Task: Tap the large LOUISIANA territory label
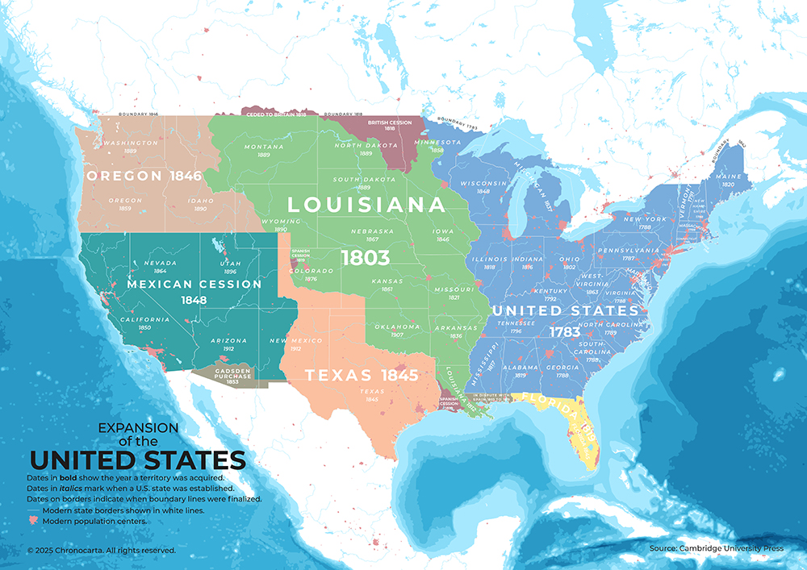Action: pyautogui.click(x=366, y=205)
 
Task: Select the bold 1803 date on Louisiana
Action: pyautogui.click(x=365, y=257)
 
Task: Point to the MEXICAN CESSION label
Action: pyautogui.click(x=194, y=284)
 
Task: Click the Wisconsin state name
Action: pyautogui.click(x=483, y=183)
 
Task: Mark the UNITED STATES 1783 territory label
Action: pyautogui.click(x=565, y=310)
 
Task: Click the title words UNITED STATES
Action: pyautogui.click(x=137, y=460)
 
